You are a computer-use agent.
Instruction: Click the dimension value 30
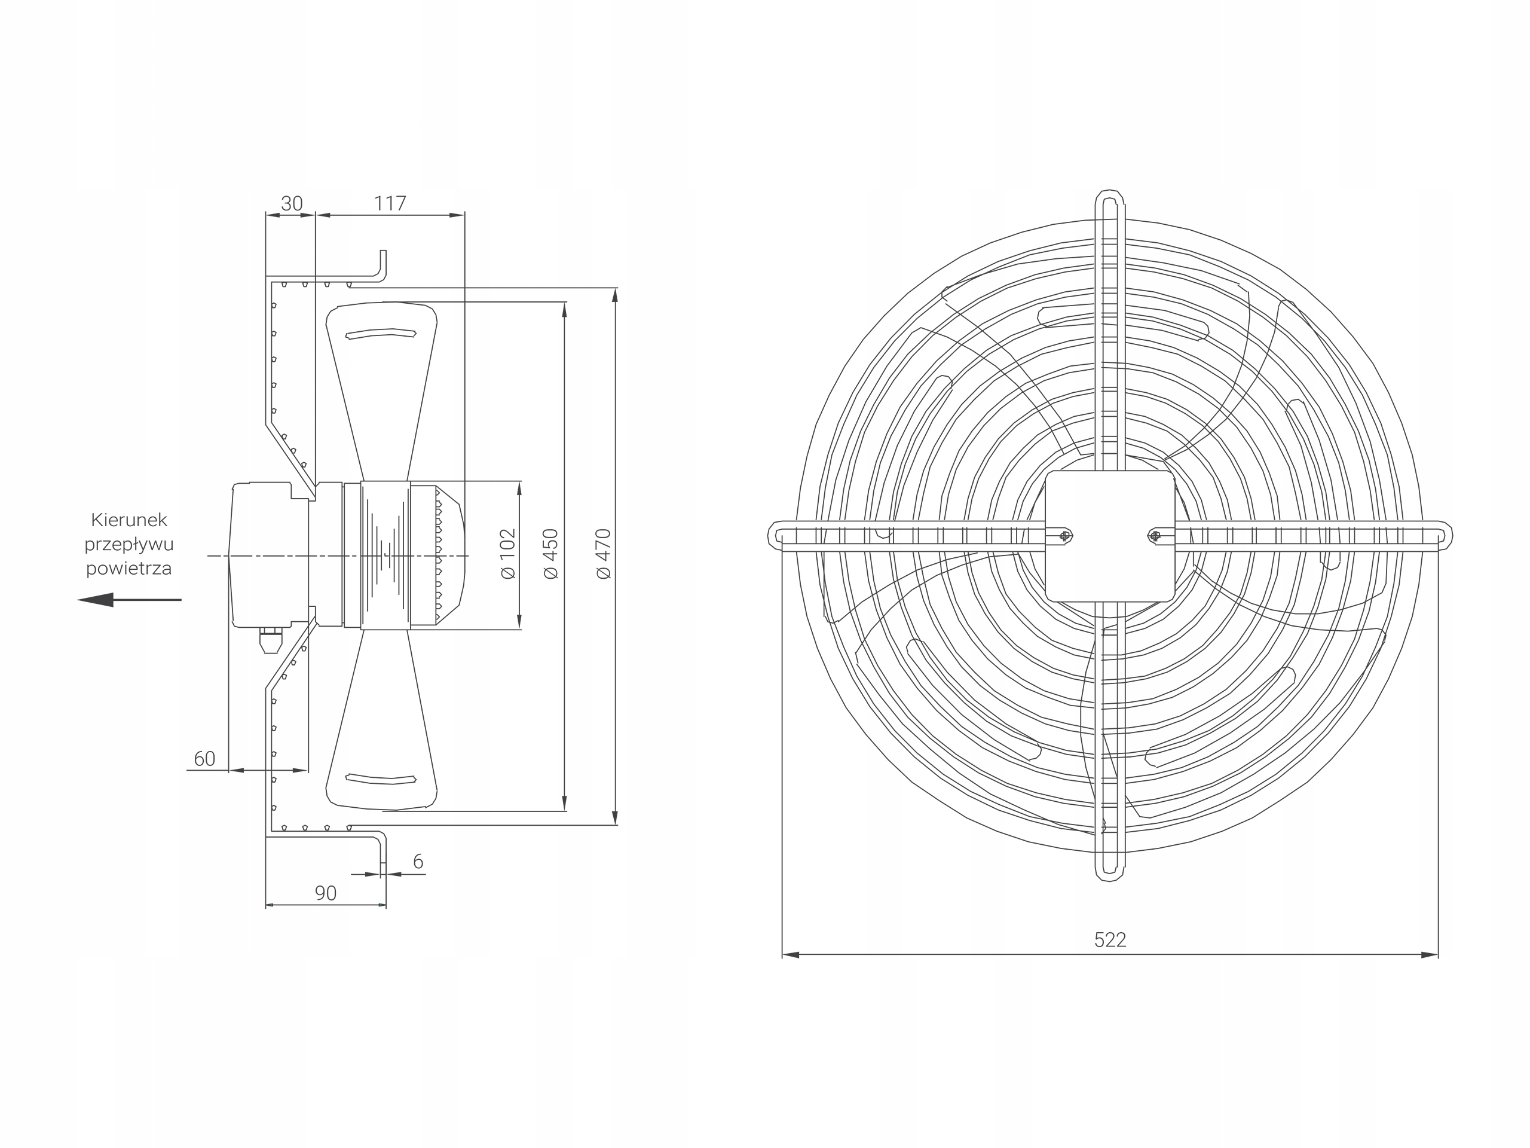coord(292,203)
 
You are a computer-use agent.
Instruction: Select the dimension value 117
coord(390,203)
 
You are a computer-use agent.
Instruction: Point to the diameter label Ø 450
coord(550,554)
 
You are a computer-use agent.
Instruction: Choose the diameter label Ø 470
coord(604,554)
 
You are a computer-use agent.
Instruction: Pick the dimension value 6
coord(418,862)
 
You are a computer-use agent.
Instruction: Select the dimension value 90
coord(325,893)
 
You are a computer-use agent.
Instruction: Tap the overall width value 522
coord(1110,940)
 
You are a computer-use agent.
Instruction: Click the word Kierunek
coord(129,520)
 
